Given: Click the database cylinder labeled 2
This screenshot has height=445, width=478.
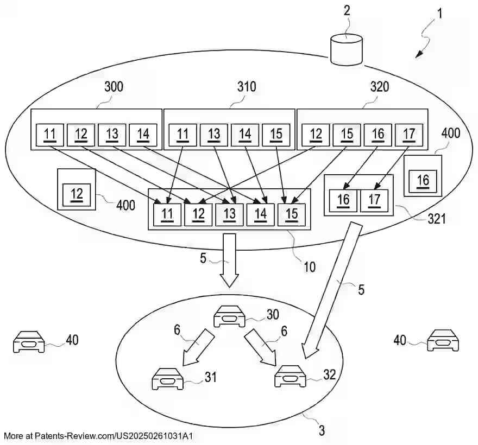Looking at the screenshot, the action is [x=347, y=50].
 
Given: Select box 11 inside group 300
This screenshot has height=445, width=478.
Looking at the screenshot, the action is [x=50, y=135].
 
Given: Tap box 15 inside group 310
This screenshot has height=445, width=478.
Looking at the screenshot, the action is [x=276, y=135].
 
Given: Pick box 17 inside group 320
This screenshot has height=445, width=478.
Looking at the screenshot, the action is [x=409, y=135].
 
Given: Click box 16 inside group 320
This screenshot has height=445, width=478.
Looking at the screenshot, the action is [x=378, y=135].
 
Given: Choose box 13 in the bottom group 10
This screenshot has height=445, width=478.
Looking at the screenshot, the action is [x=229, y=215].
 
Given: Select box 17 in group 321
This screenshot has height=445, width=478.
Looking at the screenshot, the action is [x=374, y=201].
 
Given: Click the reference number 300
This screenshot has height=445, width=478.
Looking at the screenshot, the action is [x=114, y=87].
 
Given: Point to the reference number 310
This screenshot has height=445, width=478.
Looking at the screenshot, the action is [x=247, y=87].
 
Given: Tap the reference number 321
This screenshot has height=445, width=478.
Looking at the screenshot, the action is [x=437, y=219].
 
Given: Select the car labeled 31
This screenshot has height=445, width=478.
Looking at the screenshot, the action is [x=167, y=379].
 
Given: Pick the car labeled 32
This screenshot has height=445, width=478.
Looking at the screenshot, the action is [x=290, y=376].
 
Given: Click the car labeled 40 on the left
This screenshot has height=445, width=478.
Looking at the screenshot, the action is [x=29, y=342].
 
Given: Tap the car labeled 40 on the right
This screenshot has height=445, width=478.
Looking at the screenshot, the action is [x=443, y=340].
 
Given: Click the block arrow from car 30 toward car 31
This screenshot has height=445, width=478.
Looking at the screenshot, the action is [x=198, y=347].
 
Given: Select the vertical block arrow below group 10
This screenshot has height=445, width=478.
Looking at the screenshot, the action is [x=229, y=260].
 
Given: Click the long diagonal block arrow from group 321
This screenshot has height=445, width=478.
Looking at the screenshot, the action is [x=332, y=290].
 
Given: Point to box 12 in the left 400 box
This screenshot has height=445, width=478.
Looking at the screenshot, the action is [x=77, y=195].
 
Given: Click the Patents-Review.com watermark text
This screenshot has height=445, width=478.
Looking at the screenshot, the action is [x=98, y=436].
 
